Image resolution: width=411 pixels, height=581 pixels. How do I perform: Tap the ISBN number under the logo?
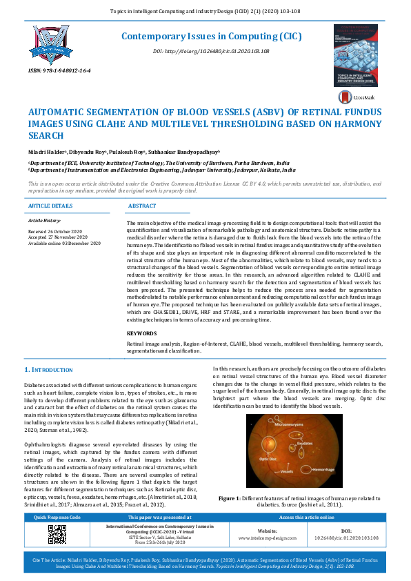(x=60, y=71)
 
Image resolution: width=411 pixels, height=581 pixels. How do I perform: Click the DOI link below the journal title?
(x=211, y=52)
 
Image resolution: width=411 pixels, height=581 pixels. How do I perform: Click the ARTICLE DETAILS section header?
(x=50, y=206)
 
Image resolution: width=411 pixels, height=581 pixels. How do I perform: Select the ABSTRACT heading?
(x=141, y=206)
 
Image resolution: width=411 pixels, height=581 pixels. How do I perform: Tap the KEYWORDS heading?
(x=142, y=333)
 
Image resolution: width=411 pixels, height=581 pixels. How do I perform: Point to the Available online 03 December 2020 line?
(x=64, y=244)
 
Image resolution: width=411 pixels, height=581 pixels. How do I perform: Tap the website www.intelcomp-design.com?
(x=258, y=536)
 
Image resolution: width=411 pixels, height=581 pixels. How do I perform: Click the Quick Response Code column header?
(x=57, y=517)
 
